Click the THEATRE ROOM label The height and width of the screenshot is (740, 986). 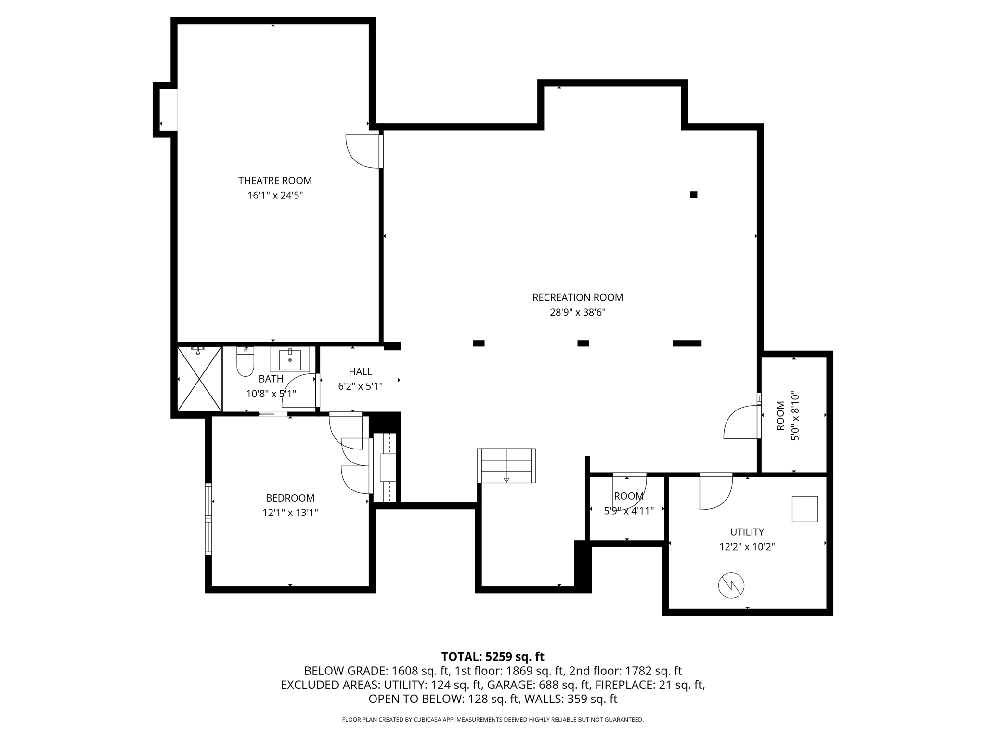click(x=275, y=181)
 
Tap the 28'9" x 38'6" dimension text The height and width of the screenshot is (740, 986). click(x=577, y=313)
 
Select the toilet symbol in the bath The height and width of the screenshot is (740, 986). click(x=245, y=363)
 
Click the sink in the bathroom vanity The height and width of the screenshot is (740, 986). click(x=290, y=359)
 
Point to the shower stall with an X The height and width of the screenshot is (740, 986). click(x=199, y=379)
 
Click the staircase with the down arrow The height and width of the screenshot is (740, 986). click(x=506, y=465)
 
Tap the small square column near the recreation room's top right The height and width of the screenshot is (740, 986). click(x=693, y=195)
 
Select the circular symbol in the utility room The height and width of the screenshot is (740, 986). click(x=731, y=585)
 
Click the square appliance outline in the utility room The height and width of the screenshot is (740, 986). click(x=804, y=509)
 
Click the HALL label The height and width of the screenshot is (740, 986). click(x=360, y=372)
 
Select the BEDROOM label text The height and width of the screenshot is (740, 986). click(x=290, y=498)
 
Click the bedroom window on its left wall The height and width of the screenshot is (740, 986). click(x=208, y=519)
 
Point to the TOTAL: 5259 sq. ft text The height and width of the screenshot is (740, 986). click(x=493, y=657)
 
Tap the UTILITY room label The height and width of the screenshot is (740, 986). click(x=747, y=532)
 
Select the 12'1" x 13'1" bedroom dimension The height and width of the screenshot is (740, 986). click(x=290, y=513)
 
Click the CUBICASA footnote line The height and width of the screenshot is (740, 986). click(x=493, y=720)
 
